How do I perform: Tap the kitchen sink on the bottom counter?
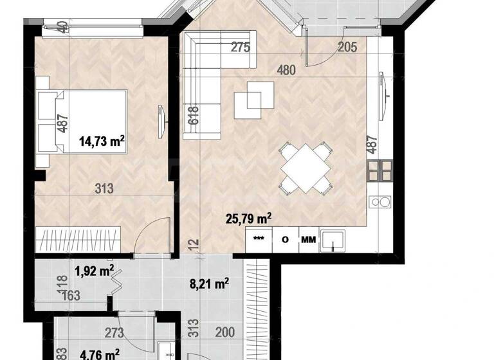click(333, 240)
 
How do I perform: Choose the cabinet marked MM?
click(309, 240)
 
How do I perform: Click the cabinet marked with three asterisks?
click(259, 240)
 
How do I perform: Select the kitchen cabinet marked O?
click(284, 240)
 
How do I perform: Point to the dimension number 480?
click(286, 70)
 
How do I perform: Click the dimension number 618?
click(192, 115)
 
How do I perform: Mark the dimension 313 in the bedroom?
click(104, 188)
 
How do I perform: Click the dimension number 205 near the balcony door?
click(348, 46)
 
